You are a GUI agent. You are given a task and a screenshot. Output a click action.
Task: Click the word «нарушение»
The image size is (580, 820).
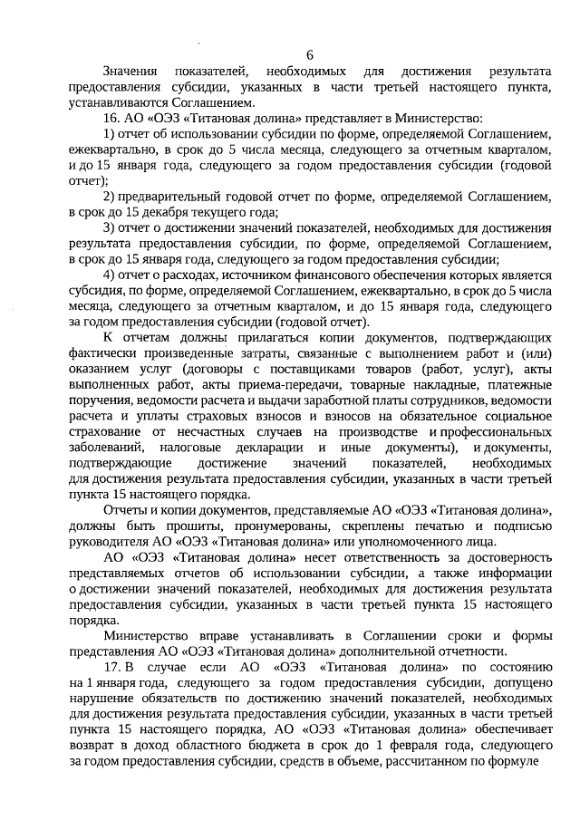click(101, 699)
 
